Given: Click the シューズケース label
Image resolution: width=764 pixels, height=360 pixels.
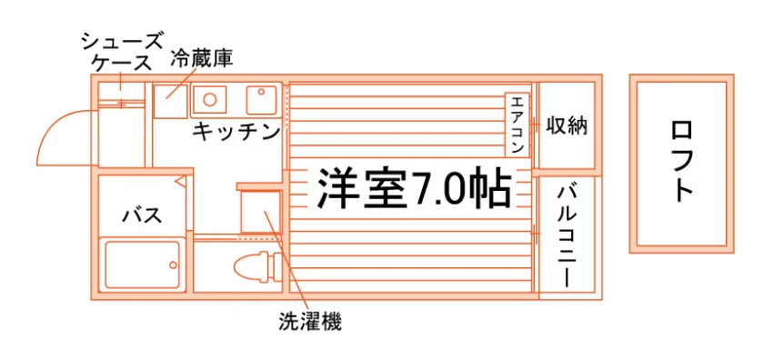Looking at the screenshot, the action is coord(121,53).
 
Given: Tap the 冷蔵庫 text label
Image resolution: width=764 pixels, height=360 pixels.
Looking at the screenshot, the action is coord(201,59).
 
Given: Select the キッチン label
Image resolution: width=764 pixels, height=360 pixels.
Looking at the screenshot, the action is coord(236,132).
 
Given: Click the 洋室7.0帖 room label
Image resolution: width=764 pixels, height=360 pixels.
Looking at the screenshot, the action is coord(414,188).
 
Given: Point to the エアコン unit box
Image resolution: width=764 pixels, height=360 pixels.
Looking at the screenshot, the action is coord(517,125).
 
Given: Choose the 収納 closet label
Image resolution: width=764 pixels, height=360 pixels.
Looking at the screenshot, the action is coord(566,126).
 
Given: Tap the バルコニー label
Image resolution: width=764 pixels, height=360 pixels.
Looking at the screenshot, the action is coord(567,236).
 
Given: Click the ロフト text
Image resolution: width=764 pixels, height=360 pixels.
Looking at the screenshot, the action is coord(681,161).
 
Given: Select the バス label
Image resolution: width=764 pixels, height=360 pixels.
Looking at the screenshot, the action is coord(142,215).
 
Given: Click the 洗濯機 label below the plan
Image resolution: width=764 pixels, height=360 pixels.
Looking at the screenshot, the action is coord(310,322).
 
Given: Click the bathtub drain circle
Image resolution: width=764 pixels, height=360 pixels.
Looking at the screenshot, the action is coord(173,265).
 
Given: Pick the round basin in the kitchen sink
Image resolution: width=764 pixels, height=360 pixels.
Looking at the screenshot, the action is coord(209,99).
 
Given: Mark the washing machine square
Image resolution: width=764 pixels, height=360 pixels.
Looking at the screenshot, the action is coord(261,213).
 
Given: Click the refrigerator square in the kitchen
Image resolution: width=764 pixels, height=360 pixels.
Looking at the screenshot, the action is coord(170,101).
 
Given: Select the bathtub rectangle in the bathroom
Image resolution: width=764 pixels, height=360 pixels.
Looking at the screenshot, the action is coord(142,264).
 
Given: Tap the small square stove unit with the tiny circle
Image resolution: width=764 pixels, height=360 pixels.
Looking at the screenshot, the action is coord(262,100).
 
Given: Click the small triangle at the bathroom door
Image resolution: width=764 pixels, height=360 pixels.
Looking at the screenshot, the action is coord(180,182).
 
